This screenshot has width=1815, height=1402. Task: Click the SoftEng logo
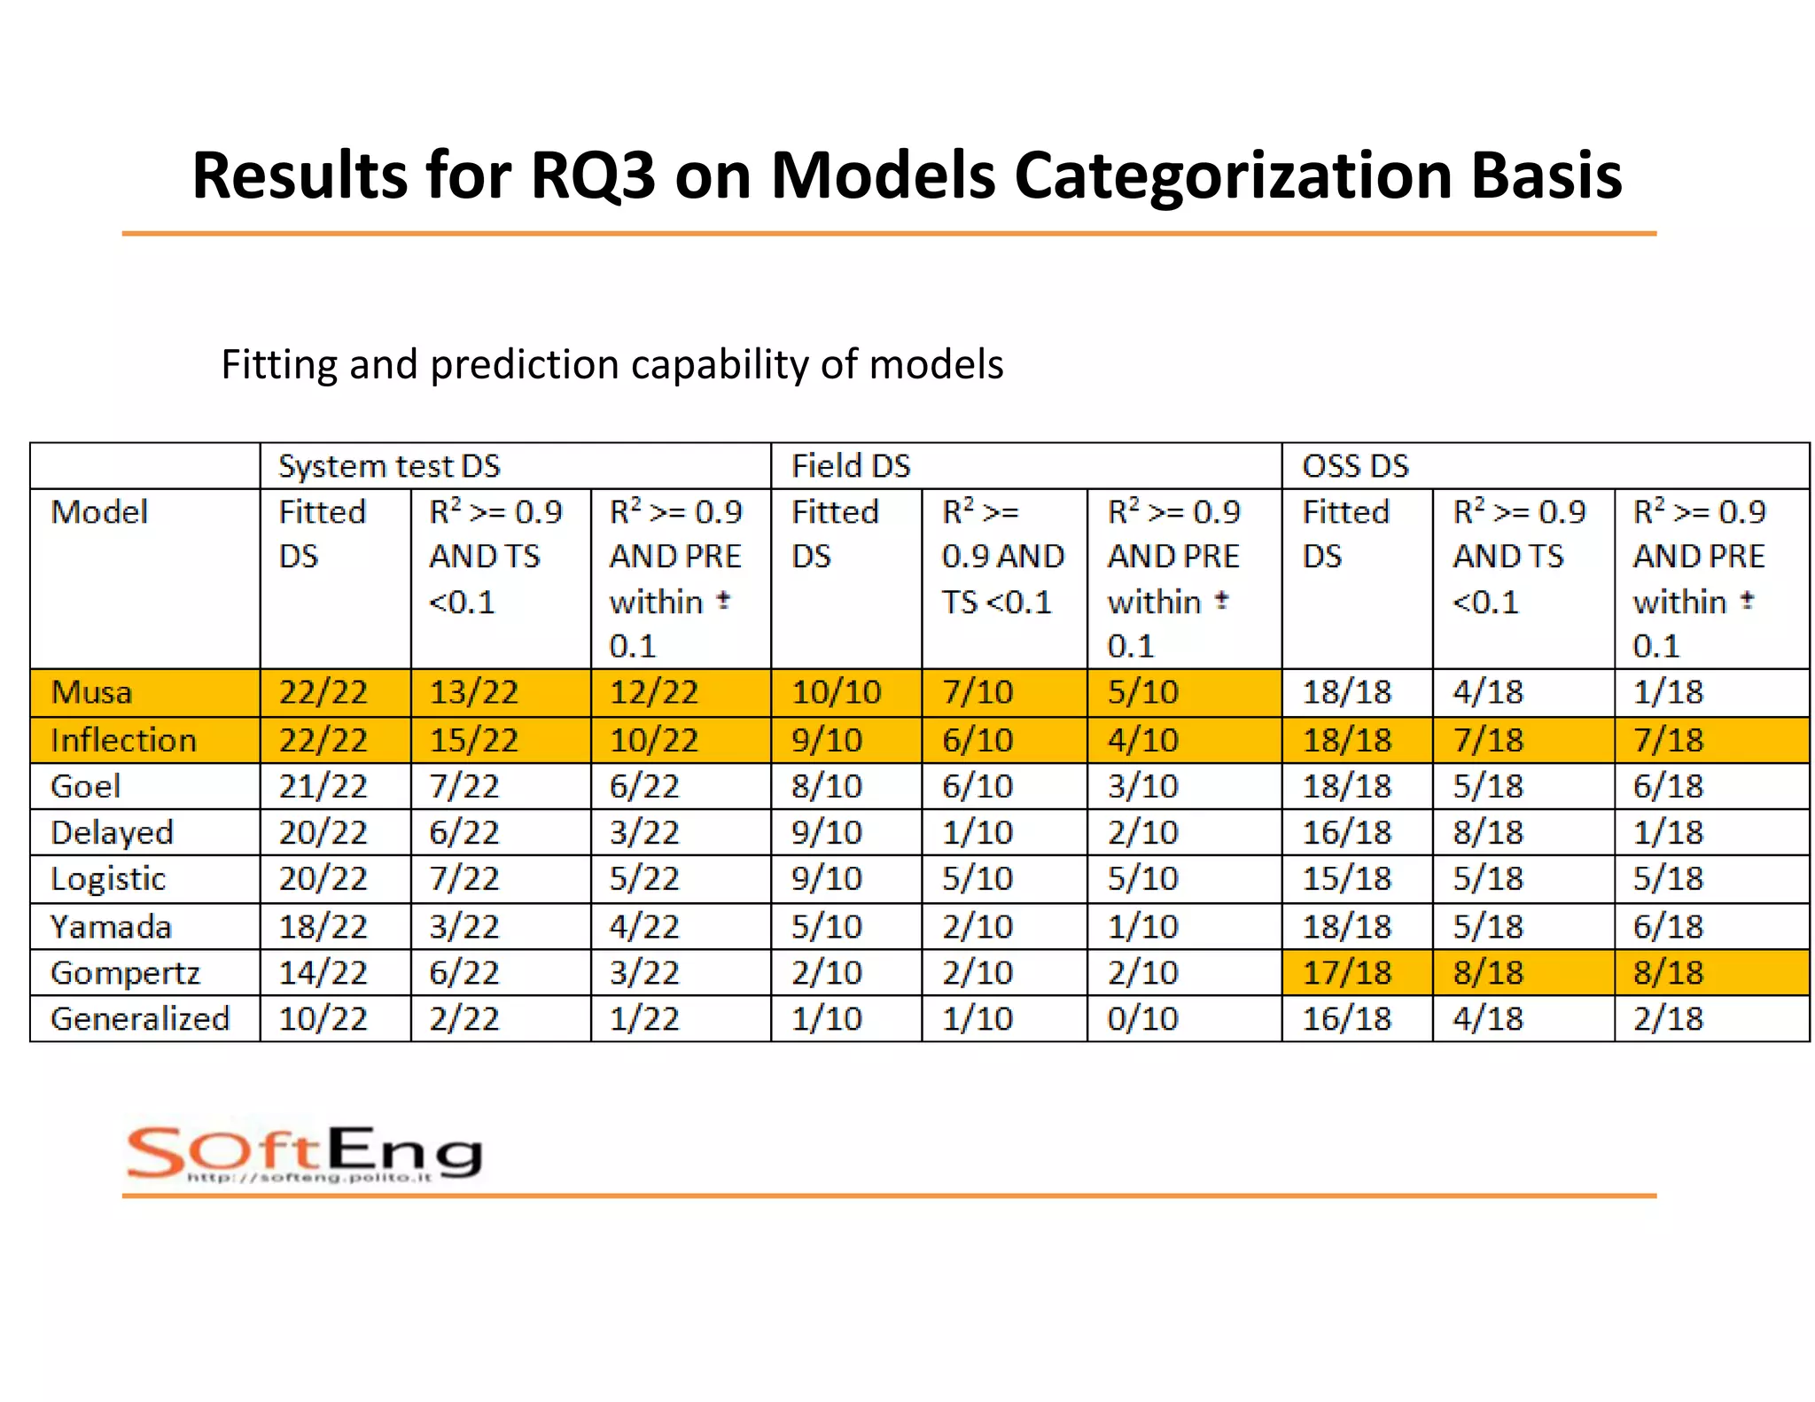[x=304, y=1154]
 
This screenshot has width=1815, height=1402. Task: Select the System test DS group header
[x=389, y=466]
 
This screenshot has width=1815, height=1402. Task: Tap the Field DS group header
[x=850, y=466]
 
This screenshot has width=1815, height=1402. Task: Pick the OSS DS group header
[x=1355, y=466]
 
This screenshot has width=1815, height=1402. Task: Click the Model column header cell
[x=99, y=512]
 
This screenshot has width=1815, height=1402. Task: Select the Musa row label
[x=91, y=692]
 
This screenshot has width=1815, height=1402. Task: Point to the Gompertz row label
[x=125, y=973]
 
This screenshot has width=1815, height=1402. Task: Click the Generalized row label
[x=140, y=1019]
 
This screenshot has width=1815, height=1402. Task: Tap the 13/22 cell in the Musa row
[x=473, y=692]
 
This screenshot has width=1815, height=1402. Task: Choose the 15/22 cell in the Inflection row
[x=473, y=740]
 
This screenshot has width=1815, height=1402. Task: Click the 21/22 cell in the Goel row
[x=323, y=786]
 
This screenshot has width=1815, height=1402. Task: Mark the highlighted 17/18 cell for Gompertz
[x=1346, y=973]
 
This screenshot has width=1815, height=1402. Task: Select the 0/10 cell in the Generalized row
[x=1142, y=1019]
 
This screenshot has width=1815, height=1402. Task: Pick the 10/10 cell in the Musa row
[x=836, y=692]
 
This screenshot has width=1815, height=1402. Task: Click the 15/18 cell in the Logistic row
[x=1346, y=879]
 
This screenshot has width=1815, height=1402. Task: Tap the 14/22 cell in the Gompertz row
[x=323, y=973]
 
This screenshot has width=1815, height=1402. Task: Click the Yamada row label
[x=111, y=927]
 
